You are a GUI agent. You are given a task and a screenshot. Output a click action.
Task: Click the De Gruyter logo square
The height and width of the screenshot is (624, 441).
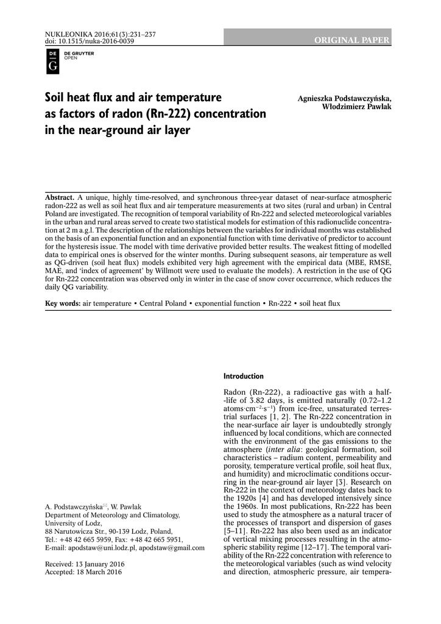tap(52, 62)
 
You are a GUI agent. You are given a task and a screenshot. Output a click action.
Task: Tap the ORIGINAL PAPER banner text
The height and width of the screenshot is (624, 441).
tap(351, 40)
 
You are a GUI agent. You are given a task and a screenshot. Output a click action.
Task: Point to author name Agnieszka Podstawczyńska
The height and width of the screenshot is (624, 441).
tap(345, 99)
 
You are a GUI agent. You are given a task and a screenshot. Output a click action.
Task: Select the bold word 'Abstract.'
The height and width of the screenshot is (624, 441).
tap(60, 198)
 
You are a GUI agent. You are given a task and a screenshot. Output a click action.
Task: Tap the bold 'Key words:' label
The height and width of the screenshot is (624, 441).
tap(63, 303)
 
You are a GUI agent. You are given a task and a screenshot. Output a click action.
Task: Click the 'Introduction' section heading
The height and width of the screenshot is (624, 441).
tap(244, 376)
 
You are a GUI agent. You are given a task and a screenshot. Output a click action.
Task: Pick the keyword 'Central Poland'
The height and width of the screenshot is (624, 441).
tap(163, 303)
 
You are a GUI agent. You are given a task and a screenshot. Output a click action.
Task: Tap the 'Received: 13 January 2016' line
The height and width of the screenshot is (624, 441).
tap(85, 565)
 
